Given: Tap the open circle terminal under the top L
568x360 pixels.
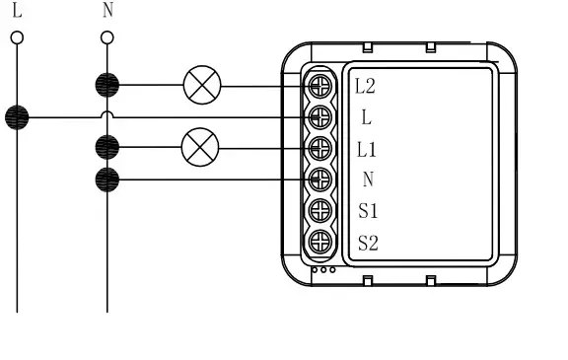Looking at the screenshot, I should click(x=17, y=38).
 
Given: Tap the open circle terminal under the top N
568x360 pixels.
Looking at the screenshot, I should click(x=106, y=38).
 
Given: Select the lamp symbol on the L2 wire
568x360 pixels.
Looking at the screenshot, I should click(x=203, y=86).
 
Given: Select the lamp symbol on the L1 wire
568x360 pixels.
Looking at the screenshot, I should click(x=200, y=148).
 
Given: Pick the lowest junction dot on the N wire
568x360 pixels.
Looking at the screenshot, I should click(x=106, y=180).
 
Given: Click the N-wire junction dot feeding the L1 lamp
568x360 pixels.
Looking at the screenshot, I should click(x=106, y=148).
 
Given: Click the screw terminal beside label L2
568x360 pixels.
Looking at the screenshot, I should click(x=319, y=86).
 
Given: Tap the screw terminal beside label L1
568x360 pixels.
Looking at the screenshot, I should click(x=319, y=149).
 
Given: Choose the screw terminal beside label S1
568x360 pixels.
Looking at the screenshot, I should click(x=319, y=210).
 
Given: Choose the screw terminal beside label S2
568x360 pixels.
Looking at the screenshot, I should click(x=319, y=241).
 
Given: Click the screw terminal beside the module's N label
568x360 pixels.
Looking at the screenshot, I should click(x=319, y=180).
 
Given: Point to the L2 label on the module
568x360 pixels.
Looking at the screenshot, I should click(x=365, y=86).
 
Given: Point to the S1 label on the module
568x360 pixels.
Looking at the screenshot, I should click(x=368, y=210).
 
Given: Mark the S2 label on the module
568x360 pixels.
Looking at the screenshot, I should click(x=368, y=242).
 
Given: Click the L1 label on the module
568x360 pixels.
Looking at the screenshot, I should click(x=367, y=149).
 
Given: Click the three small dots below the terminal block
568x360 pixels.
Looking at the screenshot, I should click(x=322, y=268).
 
